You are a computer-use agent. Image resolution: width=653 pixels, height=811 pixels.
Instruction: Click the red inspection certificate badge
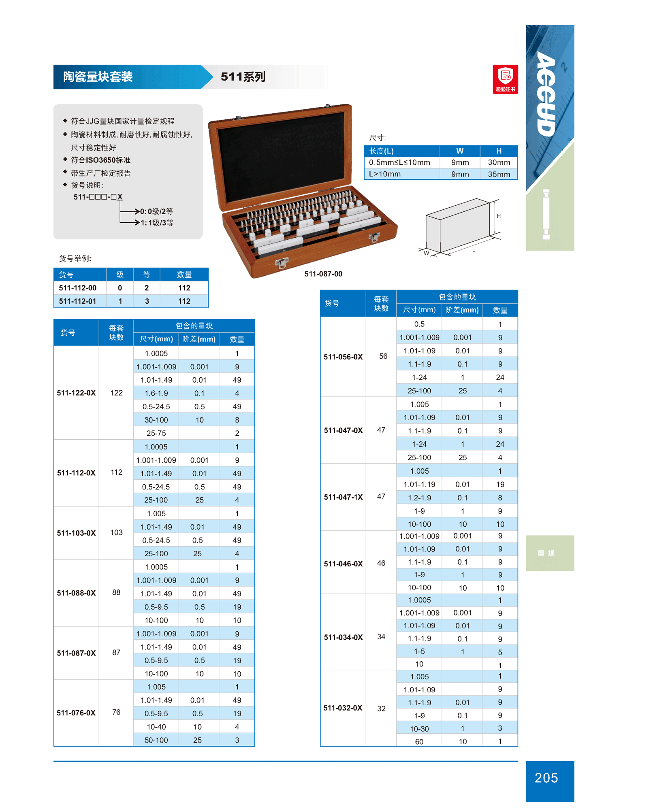coord(505,79)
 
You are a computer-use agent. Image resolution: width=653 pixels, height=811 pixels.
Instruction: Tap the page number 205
coord(546,778)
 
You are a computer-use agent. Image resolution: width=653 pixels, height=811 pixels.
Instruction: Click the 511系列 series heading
coord(243,77)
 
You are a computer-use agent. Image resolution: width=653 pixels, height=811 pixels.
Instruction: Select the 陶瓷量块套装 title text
coord(98,77)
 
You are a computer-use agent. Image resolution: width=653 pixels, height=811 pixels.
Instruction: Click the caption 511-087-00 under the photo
coord(323,274)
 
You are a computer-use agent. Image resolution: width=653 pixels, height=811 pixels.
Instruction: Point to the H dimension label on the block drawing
coord(499,216)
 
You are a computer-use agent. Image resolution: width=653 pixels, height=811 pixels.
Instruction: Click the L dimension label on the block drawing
coord(474,250)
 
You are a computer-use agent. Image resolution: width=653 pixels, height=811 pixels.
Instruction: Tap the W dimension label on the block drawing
coord(426,253)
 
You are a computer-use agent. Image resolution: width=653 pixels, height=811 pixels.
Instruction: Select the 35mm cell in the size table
coord(499,174)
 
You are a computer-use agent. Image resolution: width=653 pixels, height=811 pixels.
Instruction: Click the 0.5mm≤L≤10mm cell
coord(399,162)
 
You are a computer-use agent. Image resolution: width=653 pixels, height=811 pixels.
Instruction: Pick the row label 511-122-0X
coord(76,393)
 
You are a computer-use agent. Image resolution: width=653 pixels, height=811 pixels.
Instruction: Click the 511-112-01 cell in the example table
coord(77,301)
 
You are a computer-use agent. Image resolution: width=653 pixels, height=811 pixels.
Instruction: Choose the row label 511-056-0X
coord(343,357)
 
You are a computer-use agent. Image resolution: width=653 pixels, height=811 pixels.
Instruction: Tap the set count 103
coord(116,532)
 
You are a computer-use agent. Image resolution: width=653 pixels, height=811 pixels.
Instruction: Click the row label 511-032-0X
coord(343,708)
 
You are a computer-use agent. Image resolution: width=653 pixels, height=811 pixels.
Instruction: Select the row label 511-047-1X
coord(343,497)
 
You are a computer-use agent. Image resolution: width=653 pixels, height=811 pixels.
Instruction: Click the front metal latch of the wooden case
coord(282,263)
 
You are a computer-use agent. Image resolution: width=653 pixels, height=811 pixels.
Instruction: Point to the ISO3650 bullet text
coord(100,160)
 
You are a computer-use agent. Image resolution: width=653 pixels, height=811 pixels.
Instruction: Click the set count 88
coord(116,592)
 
